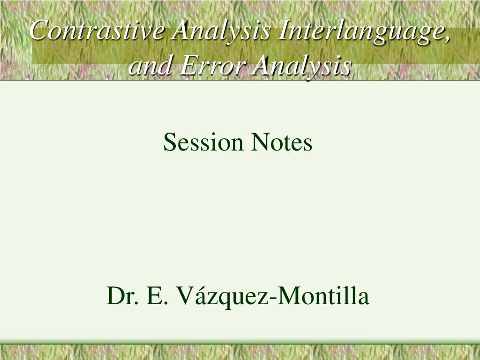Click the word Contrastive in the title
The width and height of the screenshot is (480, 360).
point(97,31)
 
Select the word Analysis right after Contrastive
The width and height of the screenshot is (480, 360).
point(221,31)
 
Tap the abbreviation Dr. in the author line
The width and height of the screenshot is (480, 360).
point(123,296)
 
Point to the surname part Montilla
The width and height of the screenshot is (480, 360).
point(324,296)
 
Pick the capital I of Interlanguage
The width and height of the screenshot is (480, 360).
point(283,31)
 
